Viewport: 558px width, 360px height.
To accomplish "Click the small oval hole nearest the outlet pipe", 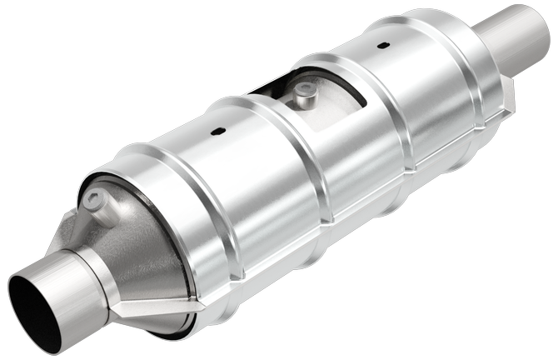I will [x=382, y=45].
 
